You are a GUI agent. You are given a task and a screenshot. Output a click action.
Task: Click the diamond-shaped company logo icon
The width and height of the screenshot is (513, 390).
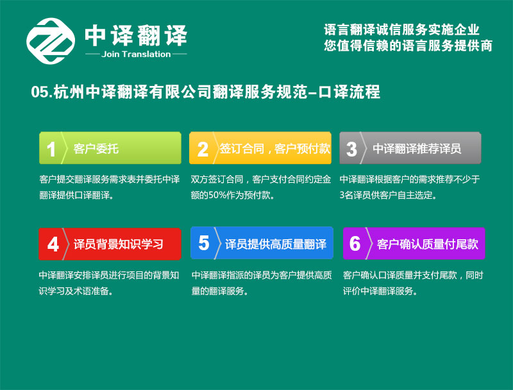click(51, 41)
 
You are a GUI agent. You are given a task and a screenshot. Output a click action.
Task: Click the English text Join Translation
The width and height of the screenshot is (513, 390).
click(136, 55)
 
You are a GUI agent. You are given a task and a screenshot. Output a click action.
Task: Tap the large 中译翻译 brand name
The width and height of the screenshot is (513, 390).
click(136, 35)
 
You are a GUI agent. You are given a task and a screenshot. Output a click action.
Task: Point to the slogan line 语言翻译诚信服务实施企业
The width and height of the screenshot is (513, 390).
click(402, 30)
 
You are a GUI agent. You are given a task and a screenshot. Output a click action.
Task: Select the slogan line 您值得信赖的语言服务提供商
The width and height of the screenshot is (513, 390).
click(408, 46)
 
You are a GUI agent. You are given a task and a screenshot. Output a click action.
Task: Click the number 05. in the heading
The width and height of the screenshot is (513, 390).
click(42, 92)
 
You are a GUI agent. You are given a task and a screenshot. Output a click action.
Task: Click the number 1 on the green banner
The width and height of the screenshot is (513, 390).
click(51, 149)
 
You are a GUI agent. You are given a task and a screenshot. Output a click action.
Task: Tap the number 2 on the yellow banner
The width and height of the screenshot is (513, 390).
click(203, 149)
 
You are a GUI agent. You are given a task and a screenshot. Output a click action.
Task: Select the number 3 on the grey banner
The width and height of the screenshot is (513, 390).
click(351, 149)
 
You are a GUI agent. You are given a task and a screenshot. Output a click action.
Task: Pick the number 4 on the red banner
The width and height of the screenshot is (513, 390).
click(53, 244)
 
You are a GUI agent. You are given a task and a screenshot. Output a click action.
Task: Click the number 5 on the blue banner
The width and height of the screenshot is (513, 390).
click(203, 243)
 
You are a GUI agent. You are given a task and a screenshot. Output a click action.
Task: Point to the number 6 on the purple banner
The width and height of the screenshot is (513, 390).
click(355, 244)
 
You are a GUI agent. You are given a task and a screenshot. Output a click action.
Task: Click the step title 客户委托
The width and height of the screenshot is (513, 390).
click(96, 149)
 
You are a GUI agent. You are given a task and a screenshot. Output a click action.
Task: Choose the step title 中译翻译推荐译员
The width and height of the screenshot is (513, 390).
click(417, 149)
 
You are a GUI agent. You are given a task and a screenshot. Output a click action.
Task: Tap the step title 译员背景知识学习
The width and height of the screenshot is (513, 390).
click(118, 244)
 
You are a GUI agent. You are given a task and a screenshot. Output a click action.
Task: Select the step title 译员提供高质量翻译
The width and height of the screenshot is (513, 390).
click(276, 244)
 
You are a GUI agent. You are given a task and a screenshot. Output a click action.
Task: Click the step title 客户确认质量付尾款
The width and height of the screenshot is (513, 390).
click(427, 244)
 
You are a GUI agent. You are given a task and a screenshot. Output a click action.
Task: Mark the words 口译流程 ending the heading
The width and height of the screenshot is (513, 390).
click(349, 92)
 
